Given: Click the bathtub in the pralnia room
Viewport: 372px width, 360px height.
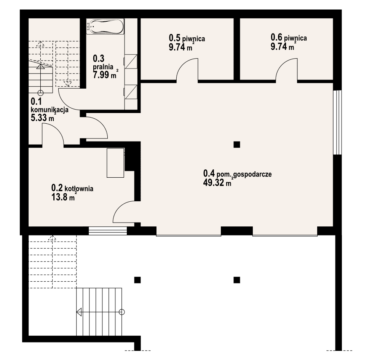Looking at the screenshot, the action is (105, 27).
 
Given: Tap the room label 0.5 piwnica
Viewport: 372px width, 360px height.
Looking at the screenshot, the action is (187, 38).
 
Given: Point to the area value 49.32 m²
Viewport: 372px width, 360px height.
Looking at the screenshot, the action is (217, 183).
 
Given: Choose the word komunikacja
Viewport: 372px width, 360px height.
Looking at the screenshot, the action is (49, 110).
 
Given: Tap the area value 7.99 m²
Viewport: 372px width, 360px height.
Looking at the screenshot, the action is (105, 75).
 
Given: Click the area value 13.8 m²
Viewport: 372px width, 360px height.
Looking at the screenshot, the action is (64, 197).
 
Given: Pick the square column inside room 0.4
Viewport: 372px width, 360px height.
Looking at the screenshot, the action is (236, 145).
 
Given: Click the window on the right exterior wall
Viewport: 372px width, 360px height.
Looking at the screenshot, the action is (337, 123).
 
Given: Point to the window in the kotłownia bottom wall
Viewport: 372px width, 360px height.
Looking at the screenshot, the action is (108, 231).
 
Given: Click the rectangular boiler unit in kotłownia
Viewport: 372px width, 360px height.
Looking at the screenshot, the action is (115, 163).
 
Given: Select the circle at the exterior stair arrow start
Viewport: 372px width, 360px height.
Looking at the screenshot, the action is (122, 312).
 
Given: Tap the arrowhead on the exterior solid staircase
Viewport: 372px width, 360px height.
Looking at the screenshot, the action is (79, 312).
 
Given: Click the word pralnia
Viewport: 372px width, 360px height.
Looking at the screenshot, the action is (103, 67).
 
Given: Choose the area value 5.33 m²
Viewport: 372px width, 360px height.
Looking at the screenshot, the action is (43, 118).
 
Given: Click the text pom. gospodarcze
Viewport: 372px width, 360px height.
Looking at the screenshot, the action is (244, 175).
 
